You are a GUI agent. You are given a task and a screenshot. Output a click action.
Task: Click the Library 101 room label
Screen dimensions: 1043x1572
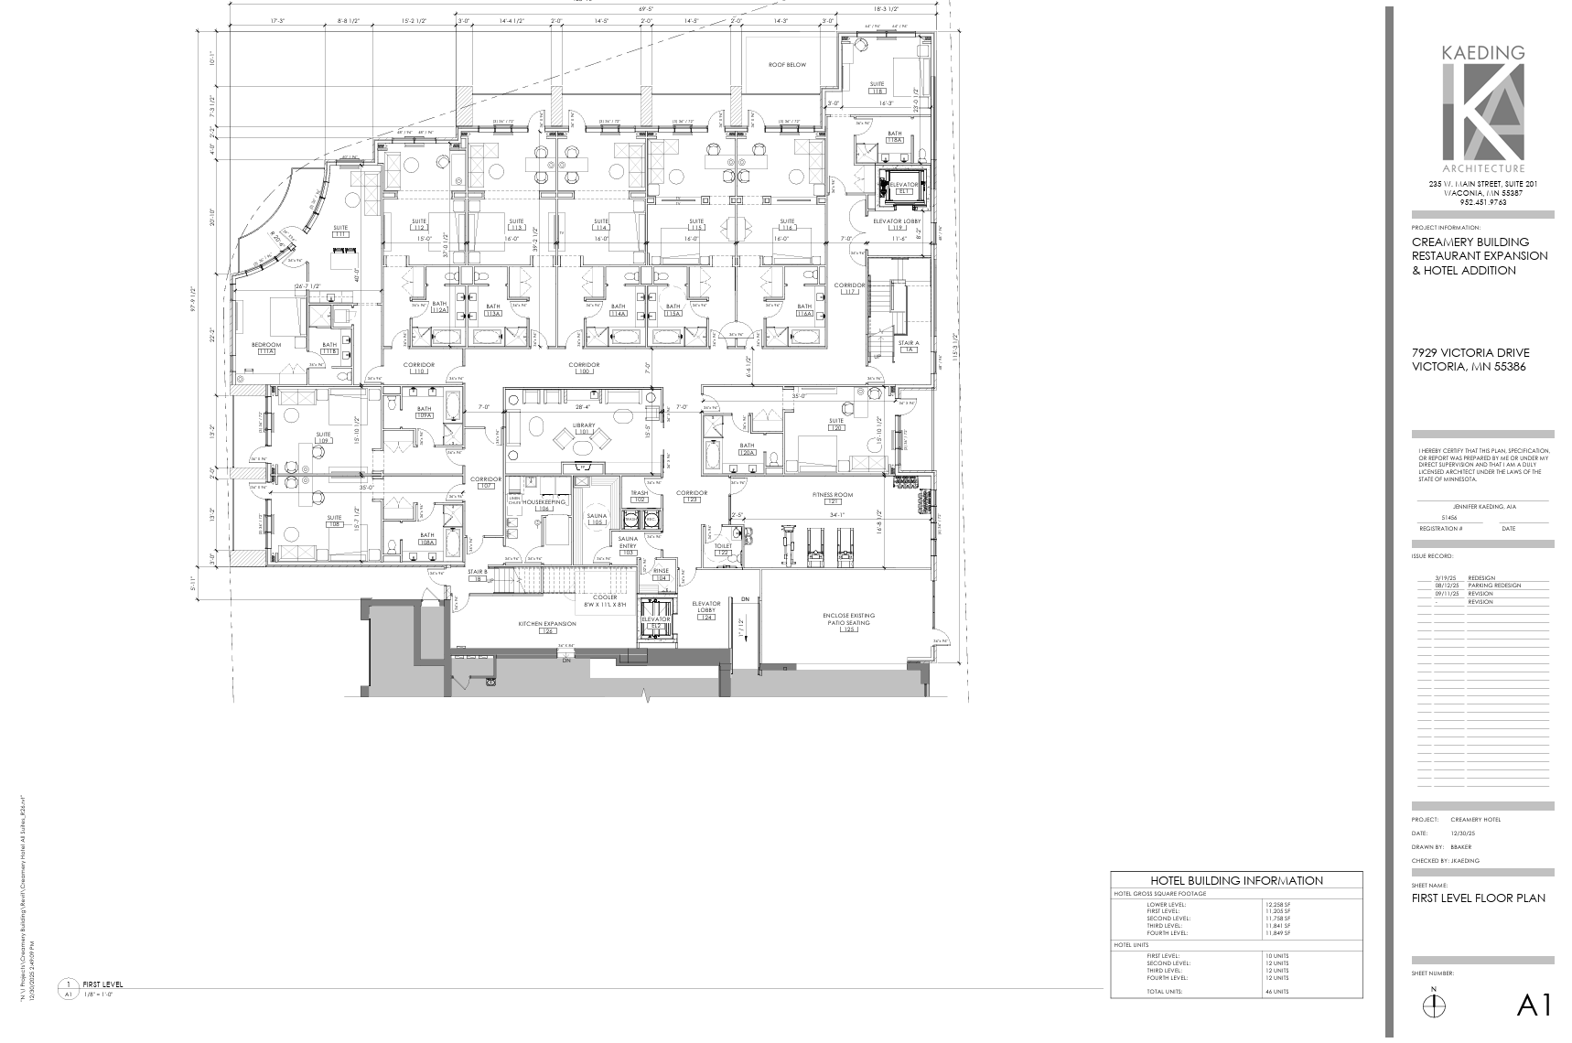pyautogui.click(x=584, y=428)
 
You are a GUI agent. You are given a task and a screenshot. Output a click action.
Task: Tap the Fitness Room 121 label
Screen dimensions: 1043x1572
pyautogui.click(x=832, y=498)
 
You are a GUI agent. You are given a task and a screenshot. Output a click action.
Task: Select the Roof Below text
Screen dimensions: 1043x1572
pyautogui.click(x=787, y=65)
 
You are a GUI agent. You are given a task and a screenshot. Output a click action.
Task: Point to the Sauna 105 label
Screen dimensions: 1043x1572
pyautogui.click(x=597, y=519)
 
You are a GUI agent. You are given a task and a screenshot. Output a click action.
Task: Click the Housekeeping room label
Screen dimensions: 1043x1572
pyautogui.click(x=544, y=504)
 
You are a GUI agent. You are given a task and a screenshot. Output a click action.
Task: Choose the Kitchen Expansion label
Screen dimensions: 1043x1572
pyautogui.click(x=547, y=627)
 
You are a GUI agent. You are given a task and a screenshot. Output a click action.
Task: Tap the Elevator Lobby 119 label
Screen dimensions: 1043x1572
pyautogui.click(x=897, y=223)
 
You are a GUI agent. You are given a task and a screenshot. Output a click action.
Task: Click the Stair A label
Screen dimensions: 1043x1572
pyautogui.click(x=909, y=346)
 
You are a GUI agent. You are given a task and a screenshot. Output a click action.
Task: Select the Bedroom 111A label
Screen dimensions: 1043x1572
pyautogui.click(x=266, y=348)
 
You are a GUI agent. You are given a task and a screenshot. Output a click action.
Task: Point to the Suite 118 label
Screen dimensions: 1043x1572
pyautogui.click(x=878, y=88)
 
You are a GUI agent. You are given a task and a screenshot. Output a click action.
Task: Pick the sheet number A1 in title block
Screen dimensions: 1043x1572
pyautogui.click(x=1534, y=1005)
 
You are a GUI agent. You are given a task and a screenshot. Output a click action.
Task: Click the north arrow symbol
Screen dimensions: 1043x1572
pyautogui.click(x=1434, y=1005)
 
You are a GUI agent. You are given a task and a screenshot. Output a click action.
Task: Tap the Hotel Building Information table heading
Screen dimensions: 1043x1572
pyautogui.click(x=1236, y=881)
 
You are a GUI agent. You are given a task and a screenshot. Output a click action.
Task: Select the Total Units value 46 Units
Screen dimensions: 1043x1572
pyautogui.click(x=1277, y=992)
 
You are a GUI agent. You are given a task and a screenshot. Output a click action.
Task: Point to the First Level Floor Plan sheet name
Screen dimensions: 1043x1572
pyautogui.click(x=1479, y=898)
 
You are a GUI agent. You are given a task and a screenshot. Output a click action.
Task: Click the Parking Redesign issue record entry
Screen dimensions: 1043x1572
pyautogui.click(x=1494, y=586)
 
